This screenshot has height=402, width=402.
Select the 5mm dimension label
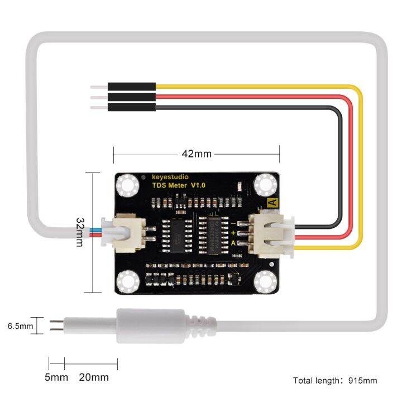(56, 377)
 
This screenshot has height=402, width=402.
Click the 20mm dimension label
(93, 377)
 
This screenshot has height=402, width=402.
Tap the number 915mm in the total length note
(362, 381)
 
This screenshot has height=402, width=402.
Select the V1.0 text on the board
(198, 185)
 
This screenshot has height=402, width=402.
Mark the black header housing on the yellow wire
(132, 87)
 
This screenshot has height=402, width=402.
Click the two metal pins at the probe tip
(56, 326)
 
